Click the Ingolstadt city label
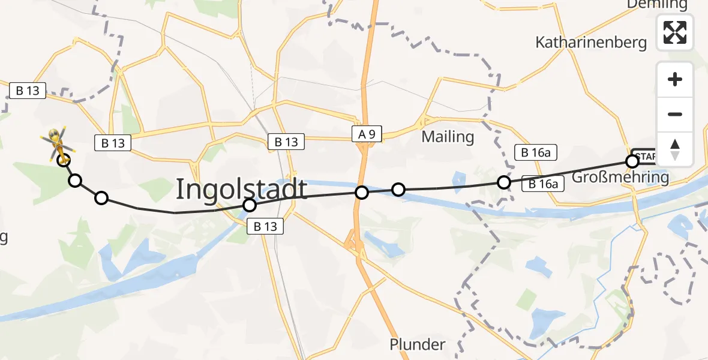point(241,190)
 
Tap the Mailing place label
point(448,137)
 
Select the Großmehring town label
point(620,178)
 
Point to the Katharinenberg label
point(591,43)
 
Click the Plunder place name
point(417,345)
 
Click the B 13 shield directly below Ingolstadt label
point(265,226)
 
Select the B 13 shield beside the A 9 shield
point(286,142)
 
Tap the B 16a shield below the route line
point(544,184)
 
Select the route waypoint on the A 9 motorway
point(361,193)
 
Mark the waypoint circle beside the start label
point(632,161)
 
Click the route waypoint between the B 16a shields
point(504,182)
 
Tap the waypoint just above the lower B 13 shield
point(250,206)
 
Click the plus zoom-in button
point(675,79)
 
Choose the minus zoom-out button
point(675,114)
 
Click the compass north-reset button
point(675,149)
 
